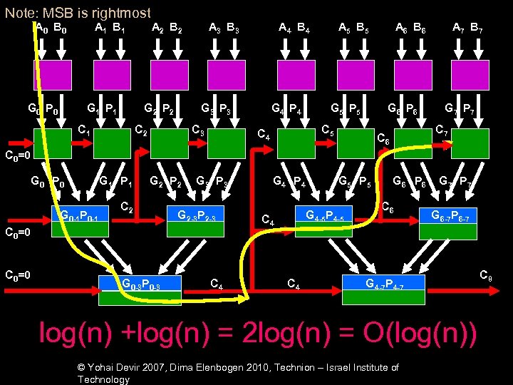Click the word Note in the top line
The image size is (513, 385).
click(x=22, y=12)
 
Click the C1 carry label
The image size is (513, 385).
click(x=83, y=132)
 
